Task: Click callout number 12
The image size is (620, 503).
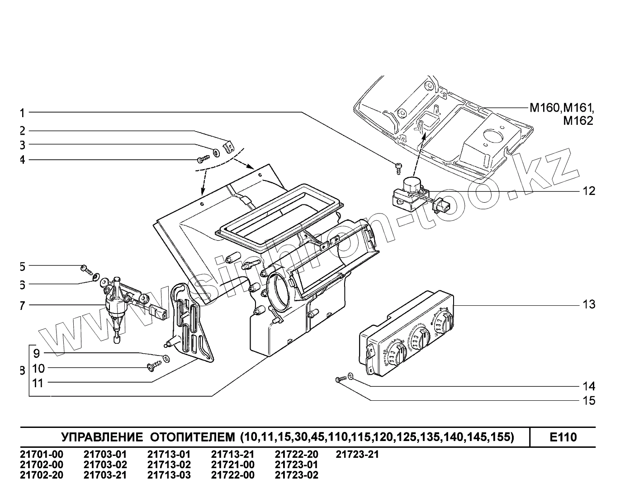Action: (x=589, y=191)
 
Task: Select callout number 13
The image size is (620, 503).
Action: (x=589, y=305)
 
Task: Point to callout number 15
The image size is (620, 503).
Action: (x=589, y=401)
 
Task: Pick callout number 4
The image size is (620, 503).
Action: (x=22, y=160)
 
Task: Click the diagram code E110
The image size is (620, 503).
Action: (x=563, y=437)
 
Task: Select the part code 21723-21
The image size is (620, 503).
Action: (x=357, y=455)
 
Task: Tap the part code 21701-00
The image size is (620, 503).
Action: (x=42, y=455)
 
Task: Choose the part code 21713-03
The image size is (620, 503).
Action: (x=169, y=475)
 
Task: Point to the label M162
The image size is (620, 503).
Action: (x=577, y=121)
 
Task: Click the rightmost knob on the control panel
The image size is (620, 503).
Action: (x=443, y=323)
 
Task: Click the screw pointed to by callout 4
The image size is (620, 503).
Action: (x=202, y=160)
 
